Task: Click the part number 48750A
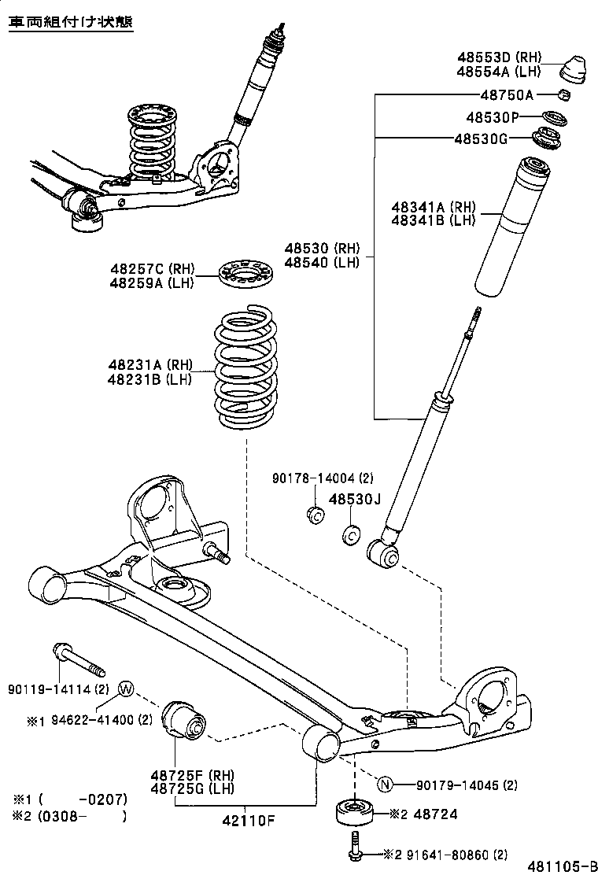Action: (507, 95)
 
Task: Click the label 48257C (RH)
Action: (152, 269)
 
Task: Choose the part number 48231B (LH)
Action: (150, 378)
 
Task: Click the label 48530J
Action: (354, 499)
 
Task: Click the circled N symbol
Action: (385, 784)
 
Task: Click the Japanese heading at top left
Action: (70, 22)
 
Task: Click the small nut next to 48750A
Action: (564, 96)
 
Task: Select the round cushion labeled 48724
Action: (355, 812)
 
